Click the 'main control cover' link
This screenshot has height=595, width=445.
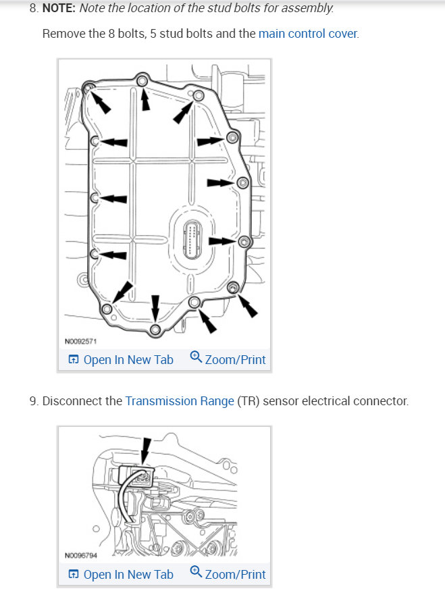pyautogui.click(x=308, y=33)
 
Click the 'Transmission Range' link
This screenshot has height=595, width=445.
pyautogui.click(x=180, y=401)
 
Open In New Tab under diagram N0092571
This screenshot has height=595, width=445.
pyautogui.click(x=121, y=360)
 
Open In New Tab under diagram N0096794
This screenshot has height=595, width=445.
pyautogui.click(x=121, y=575)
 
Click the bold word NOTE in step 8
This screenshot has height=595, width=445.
pyautogui.click(x=59, y=9)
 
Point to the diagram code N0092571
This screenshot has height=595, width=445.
pyautogui.click(x=81, y=341)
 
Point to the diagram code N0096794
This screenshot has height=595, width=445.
pyautogui.click(x=81, y=556)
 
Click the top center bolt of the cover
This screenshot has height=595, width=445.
pyautogui.click(x=142, y=81)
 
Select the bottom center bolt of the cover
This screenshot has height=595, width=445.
pyautogui.click(x=155, y=330)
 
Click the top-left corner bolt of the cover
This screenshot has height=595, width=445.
pyautogui.click(x=89, y=87)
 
